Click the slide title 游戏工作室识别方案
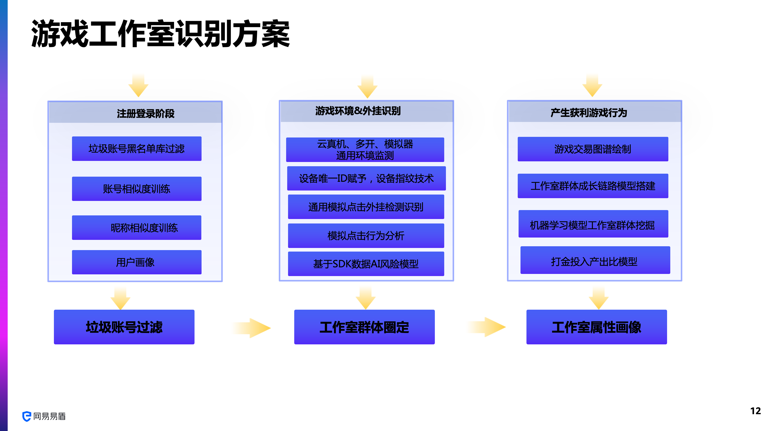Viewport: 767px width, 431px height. (161, 34)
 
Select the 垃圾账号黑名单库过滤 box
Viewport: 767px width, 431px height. (137, 149)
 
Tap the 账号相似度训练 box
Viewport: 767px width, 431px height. (137, 189)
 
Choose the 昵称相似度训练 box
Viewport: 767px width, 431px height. (137, 228)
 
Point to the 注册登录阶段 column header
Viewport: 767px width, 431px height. (145, 113)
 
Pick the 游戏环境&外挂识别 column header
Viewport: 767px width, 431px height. (358, 111)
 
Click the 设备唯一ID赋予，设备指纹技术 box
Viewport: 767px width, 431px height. (366, 179)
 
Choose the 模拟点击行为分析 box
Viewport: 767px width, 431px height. (366, 236)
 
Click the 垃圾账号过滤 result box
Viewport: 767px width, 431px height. (124, 327)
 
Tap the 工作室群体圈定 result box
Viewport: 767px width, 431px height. (365, 327)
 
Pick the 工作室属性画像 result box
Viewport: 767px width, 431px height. (597, 327)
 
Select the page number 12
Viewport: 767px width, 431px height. (755, 411)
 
